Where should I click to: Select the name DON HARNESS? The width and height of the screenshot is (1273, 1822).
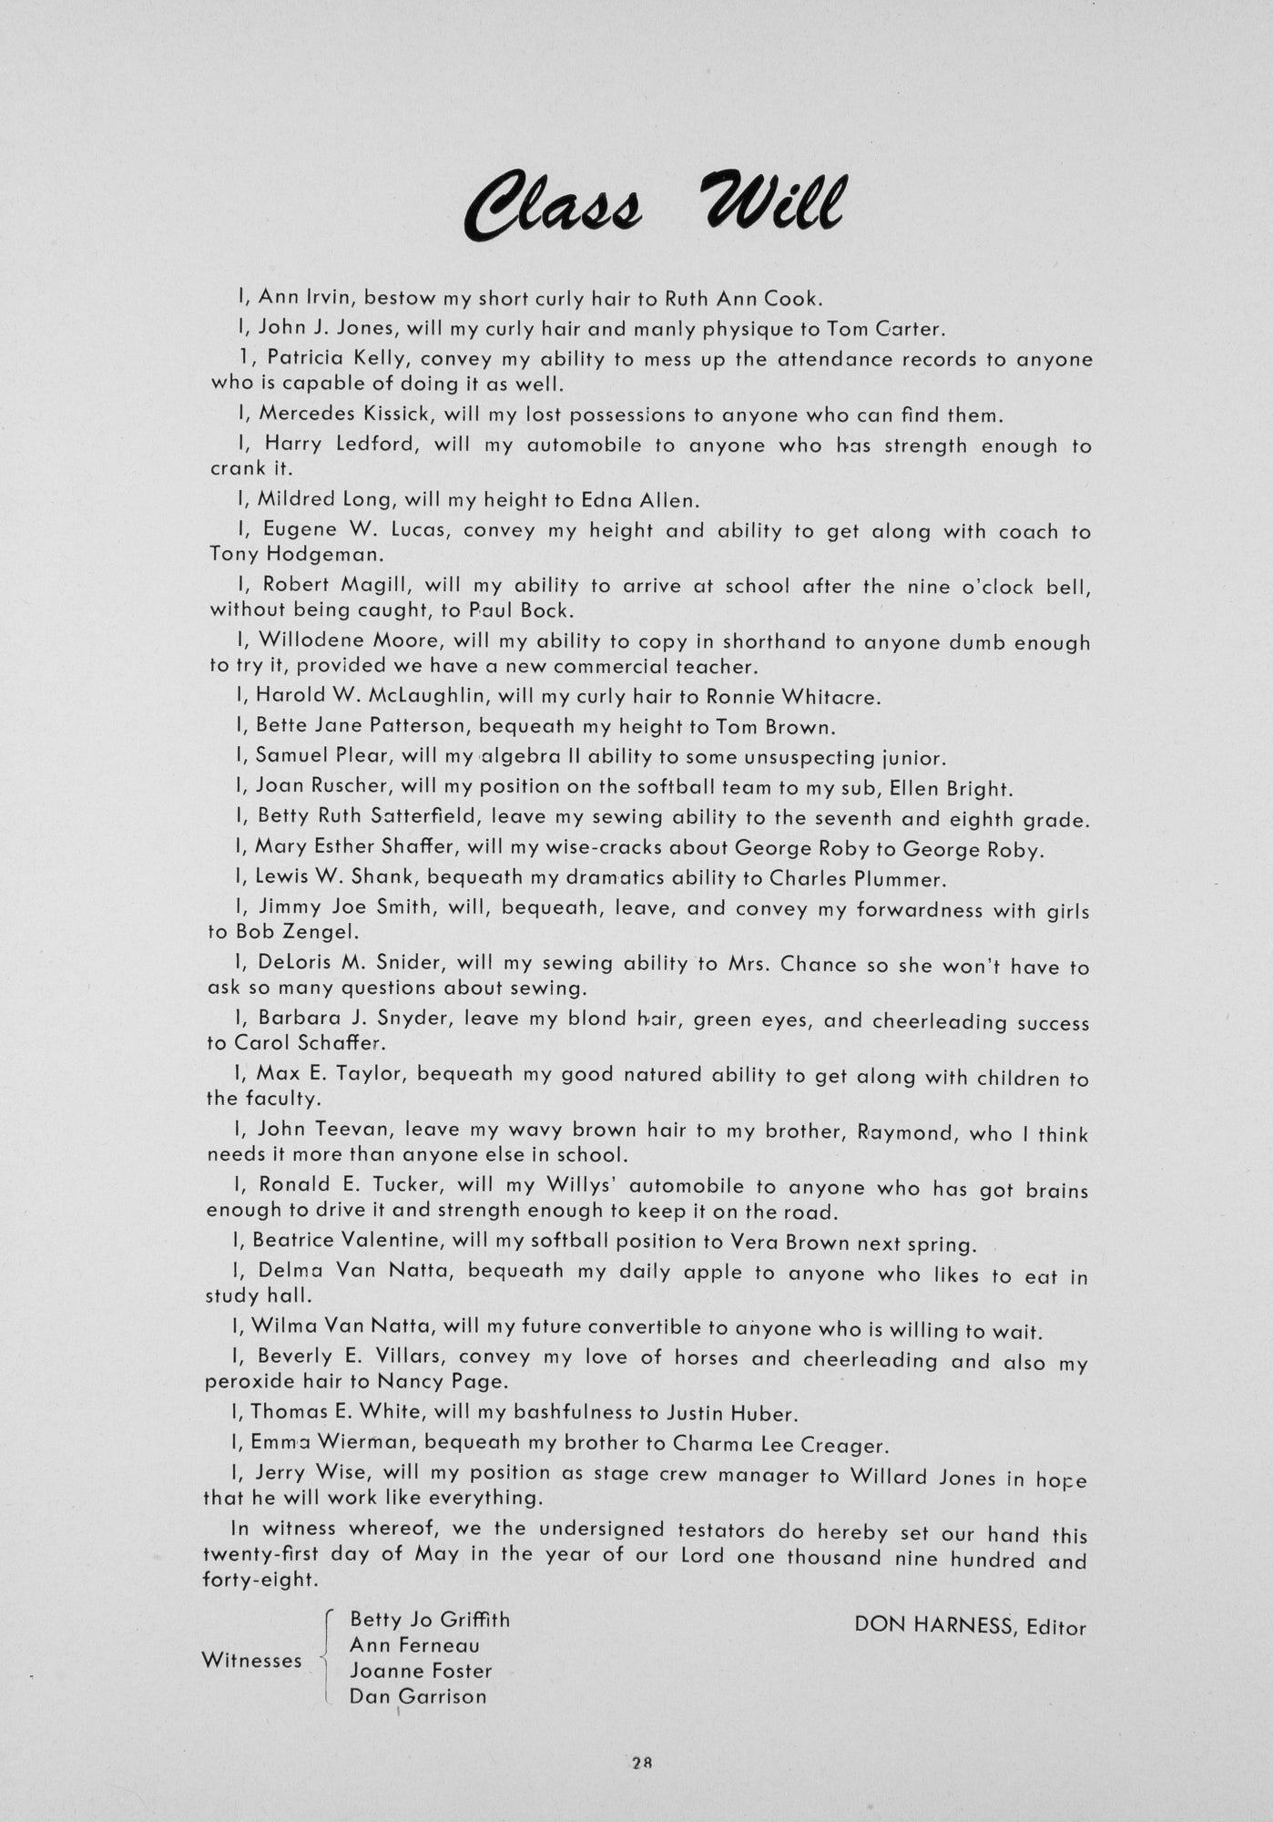(x=932, y=1625)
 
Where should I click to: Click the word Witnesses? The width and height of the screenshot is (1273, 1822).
(x=251, y=1660)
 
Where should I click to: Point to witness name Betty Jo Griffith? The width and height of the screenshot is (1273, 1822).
(x=430, y=1619)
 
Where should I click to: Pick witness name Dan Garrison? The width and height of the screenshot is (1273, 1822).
(x=418, y=1695)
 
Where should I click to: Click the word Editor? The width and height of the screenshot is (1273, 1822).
(x=1056, y=1626)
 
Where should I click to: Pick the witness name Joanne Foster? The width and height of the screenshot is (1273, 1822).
(x=421, y=1670)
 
